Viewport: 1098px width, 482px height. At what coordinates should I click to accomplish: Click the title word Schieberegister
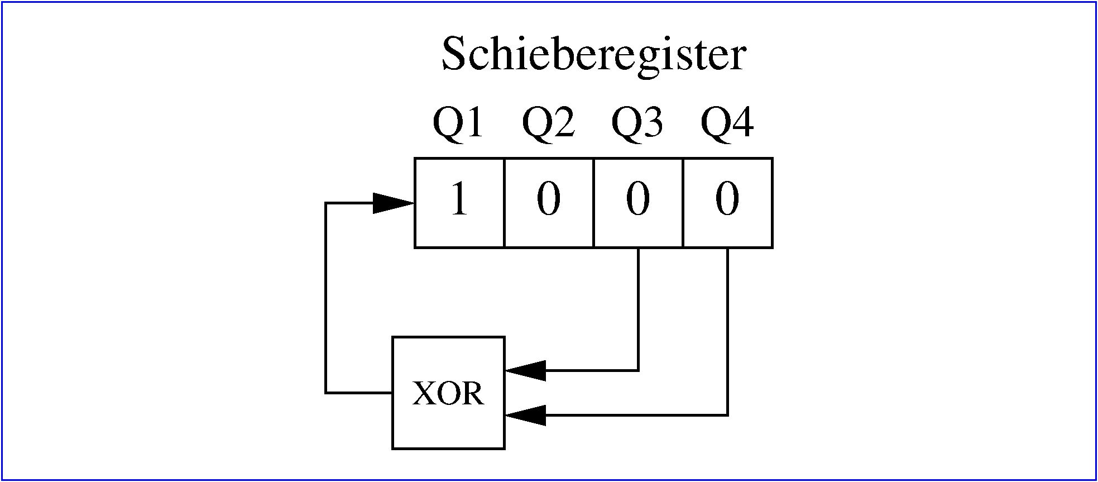click(593, 55)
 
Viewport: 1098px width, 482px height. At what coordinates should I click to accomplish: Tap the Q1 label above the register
click(458, 122)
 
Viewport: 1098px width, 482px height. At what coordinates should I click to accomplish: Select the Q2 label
click(548, 122)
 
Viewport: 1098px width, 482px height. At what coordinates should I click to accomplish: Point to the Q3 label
click(637, 122)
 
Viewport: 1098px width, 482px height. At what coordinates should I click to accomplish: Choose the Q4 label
click(727, 122)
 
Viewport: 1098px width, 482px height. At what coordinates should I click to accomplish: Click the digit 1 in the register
click(459, 199)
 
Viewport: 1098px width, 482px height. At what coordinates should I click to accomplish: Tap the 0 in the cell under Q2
click(548, 199)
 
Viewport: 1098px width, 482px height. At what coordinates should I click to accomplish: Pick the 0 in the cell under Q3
click(638, 199)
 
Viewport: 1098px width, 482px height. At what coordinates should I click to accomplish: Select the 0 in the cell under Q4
click(727, 199)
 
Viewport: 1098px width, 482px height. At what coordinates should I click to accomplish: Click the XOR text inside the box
click(448, 393)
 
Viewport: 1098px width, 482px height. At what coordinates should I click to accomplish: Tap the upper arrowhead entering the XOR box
click(525, 370)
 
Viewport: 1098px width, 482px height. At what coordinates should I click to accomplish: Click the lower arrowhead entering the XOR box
click(525, 415)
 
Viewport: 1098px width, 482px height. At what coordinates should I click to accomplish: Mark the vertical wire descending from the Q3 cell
click(638, 307)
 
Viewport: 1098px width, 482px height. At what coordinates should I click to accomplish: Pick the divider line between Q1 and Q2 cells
click(504, 203)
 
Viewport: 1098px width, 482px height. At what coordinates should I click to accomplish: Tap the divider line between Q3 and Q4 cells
click(683, 203)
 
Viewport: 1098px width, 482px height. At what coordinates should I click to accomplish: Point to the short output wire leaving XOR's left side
click(359, 393)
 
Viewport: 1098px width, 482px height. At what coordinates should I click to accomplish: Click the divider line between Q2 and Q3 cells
click(593, 203)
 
